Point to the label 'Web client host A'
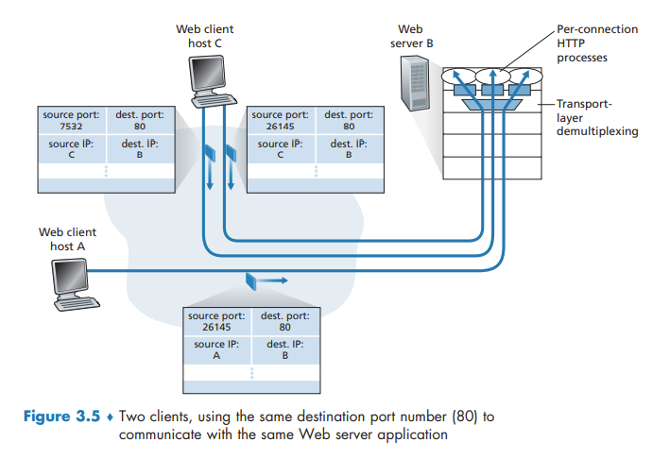click(67, 239)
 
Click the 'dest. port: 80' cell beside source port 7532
click(140, 121)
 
